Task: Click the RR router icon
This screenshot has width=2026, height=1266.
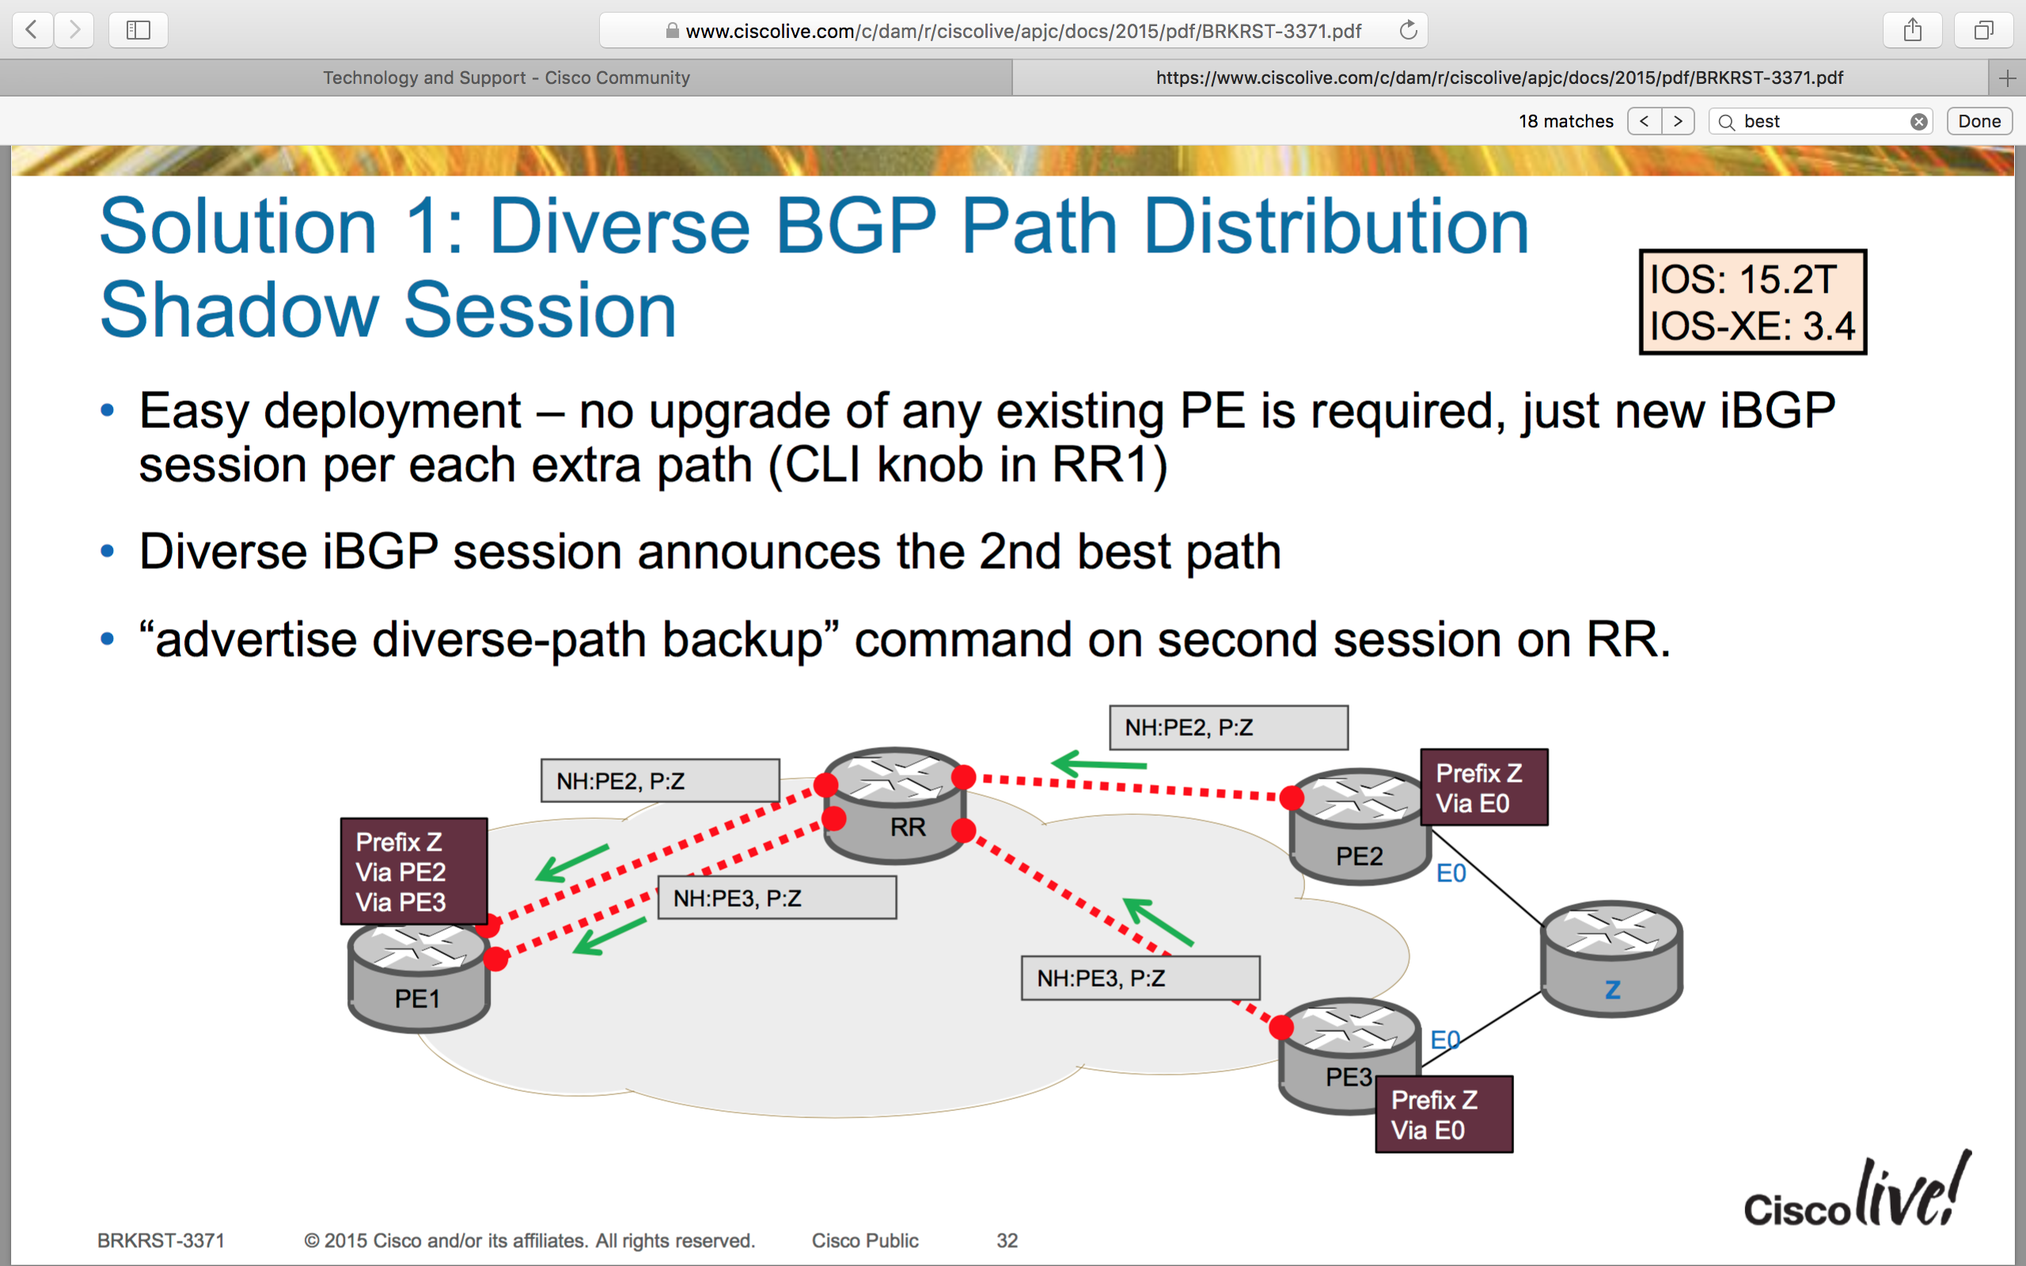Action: click(894, 805)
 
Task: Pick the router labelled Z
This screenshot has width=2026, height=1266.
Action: click(1611, 959)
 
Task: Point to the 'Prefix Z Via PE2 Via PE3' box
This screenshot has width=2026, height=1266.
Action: click(415, 872)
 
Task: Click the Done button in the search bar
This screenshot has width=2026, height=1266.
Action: click(1979, 121)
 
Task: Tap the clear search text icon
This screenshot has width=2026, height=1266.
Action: click(1919, 122)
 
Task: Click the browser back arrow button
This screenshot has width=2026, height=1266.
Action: click(32, 30)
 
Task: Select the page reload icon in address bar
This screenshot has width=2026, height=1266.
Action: click(1408, 31)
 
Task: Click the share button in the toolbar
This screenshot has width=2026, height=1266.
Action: click(1912, 31)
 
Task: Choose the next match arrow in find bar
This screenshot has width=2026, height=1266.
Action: click(1678, 121)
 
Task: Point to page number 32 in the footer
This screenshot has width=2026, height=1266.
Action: click(1007, 1240)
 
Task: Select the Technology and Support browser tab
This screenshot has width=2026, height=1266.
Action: click(506, 78)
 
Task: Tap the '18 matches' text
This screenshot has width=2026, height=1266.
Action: click(1565, 121)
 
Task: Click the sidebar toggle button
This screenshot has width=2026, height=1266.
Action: click(138, 30)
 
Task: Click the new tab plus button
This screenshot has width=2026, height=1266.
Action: click(2007, 78)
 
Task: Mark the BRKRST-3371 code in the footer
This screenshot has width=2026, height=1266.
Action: click(161, 1240)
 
